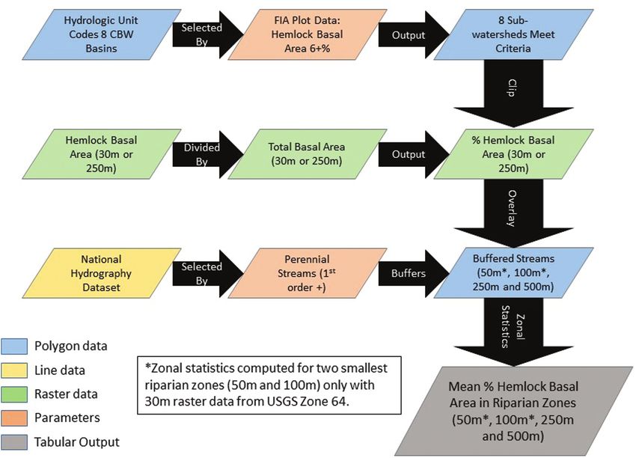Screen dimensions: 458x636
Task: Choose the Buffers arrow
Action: pos(410,272)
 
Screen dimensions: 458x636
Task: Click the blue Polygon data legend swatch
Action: pos(16,346)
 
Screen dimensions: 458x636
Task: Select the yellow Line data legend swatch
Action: pos(16,370)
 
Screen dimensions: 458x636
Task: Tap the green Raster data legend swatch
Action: pos(16,394)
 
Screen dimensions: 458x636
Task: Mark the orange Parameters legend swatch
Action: pos(16,418)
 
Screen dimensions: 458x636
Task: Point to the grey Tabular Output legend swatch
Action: pos(16,442)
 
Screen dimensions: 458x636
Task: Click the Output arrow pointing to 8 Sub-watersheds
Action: pos(410,35)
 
